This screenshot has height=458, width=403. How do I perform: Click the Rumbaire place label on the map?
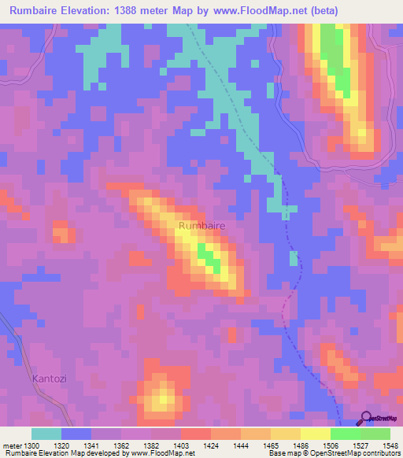coord(202,226)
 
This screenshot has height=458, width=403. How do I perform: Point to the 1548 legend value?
coord(383,445)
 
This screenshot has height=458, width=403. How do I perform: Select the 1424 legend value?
coord(209,445)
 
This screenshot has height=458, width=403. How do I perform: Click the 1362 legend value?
coord(121,445)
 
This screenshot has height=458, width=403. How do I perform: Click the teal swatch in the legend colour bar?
coord(46,434)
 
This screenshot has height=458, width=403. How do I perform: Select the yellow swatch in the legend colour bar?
coord(315,434)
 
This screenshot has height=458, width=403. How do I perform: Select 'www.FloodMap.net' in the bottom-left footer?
coord(157,454)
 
